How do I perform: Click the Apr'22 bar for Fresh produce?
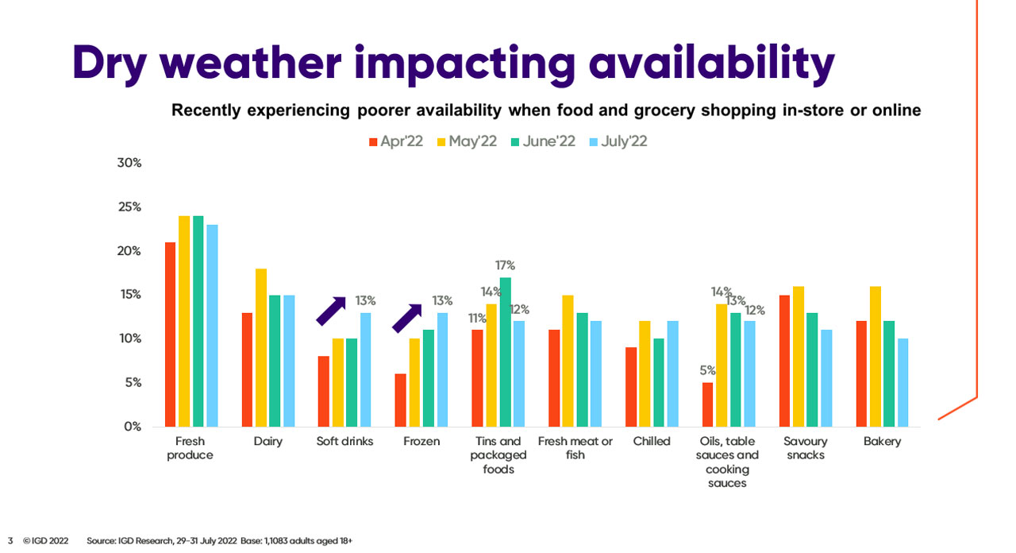[x=170, y=334]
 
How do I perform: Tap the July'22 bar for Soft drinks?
[x=364, y=369]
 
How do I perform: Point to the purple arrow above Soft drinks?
[x=331, y=311]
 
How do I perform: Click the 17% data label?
[x=506, y=265]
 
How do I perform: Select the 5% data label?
[x=708, y=370]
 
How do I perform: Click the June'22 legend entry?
[x=541, y=141]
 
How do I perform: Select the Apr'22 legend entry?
[x=396, y=141]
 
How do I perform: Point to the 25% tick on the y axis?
[x=129, y=207]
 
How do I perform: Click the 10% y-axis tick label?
[x=129, y=338]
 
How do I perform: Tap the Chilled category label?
[x=652, y=442]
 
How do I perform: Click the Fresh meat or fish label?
[x=575, y=448]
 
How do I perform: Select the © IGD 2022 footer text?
[x=46, y=540]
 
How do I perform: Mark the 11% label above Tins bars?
[x=477, y=318]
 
